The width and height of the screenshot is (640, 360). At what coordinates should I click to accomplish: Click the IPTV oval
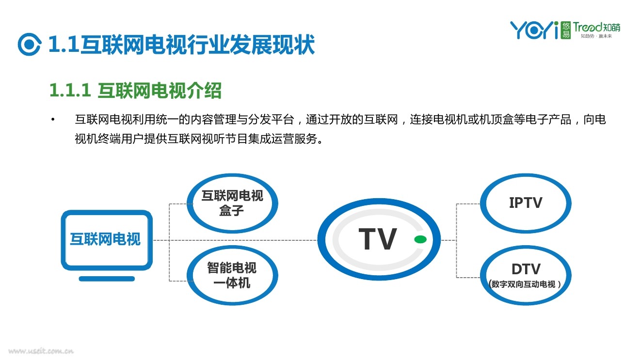[x=526, y=203]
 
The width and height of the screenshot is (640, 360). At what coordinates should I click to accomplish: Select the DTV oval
[x=526, y=275]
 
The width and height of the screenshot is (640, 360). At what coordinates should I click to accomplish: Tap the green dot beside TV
[x=420, y=239]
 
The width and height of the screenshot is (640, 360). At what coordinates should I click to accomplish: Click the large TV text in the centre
[x=378, y=239]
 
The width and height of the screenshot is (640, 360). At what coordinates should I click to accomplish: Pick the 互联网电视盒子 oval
[x=232, y=203]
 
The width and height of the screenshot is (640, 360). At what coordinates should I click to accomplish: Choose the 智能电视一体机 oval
[x=232, y=275]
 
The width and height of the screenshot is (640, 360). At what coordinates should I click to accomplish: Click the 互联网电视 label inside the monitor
[x=105, y=239]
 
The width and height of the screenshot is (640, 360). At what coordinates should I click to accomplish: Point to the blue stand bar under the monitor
[x=107, y=279]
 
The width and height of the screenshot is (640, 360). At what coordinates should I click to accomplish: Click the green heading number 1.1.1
[x=70, y=91]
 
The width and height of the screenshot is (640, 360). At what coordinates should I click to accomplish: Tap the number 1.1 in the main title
[x=64, y=45]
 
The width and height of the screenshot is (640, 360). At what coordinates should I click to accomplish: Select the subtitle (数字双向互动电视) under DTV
[x=526, y=284]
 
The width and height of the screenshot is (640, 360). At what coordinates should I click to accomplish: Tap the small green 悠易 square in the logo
[x=566, y=31]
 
